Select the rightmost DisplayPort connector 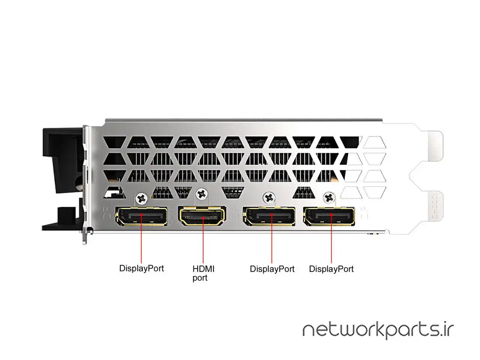(330, 216)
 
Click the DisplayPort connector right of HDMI (269, 217)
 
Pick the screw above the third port (268, 197)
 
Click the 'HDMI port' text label (203, 273)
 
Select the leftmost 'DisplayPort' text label (141, 268)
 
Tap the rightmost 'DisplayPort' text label (331, 269)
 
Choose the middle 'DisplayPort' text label (272, 269)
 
